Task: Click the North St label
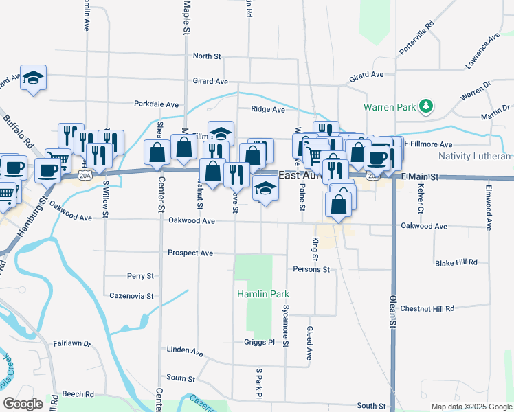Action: pyautogui.click(x=207, y=56)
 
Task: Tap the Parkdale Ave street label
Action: pyautogui.click(x=156, y=104)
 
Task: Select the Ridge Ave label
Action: pyautogui.click(x=268, y=109)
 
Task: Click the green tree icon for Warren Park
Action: pyautogui.click(x=427, y=106)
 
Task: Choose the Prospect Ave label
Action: pyautogui.click(x=190, y=253)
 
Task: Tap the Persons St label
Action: pyautogui.click(x=311, y=269)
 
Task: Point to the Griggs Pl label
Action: pyautogui.click(x=258, y=342)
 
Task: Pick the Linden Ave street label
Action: pyautogui.click(x=185, y=350)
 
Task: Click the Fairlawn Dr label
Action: pyautogui.click(x=72, y=342)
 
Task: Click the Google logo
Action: pyautogui.click(x=23, y=404)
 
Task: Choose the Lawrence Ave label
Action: pyautogui.click(x=482, y=50)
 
